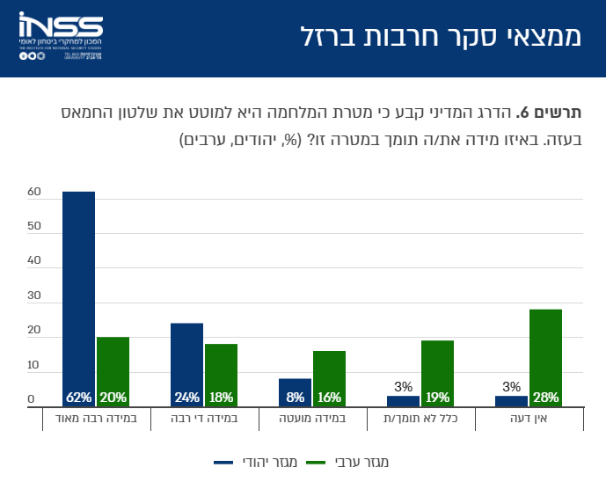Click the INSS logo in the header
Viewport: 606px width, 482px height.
coord(60,37)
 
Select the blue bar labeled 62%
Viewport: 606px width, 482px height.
coord(78,299)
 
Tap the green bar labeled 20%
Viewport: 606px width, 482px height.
coord(113,371)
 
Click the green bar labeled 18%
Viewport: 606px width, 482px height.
coord(221,375)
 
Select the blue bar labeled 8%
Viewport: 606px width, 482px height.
coord(295,392)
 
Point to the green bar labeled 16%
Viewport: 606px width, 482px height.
coord(329,378)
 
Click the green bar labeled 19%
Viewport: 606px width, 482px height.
coord(437,373)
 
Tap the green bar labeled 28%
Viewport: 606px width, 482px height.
coord(545,357)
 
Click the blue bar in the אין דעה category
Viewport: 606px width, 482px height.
coord(511,401)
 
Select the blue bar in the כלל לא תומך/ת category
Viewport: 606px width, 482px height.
coord(403,401)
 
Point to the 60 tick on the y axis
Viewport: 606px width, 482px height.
coord(34,192)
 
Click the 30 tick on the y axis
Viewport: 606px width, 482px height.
coord(34,296)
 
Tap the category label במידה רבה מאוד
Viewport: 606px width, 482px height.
coord(96,419)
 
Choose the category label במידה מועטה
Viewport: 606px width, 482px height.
coord(312,419)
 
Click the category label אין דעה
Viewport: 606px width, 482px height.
coord(529,419)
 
